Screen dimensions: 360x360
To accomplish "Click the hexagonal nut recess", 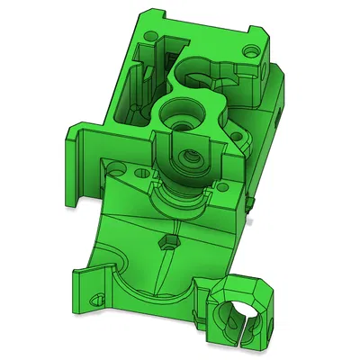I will [166, 241].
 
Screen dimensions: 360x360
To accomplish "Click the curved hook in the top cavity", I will [212, 70].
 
